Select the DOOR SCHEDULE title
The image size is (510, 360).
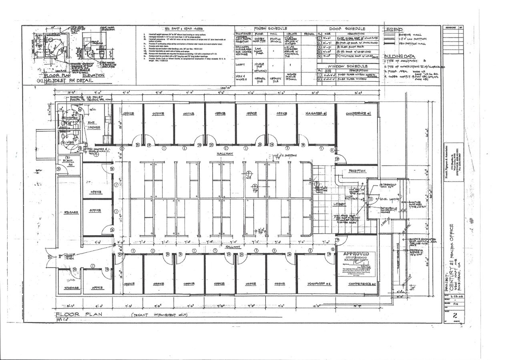(x=347, y=28)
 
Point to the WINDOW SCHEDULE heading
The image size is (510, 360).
(x=347, y=65)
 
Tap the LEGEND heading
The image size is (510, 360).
(x=394, y=30)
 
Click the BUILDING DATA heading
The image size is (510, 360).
(x=400, y=56)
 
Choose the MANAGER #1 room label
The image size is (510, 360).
(x=316, y=114)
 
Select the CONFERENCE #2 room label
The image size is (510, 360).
(x=356, y=284)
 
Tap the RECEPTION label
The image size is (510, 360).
(x=357, y=171)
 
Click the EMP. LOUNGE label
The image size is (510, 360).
(x=94, y=125)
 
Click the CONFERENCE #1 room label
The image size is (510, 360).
(x=358, y=114)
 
